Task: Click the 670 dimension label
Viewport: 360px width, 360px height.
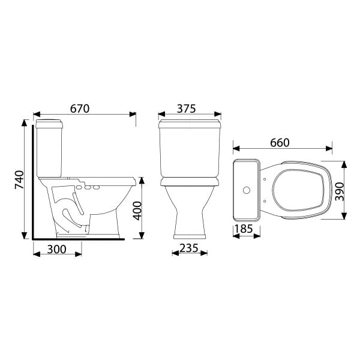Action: (80, 109)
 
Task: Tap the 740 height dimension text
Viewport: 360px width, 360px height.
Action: (19, 180)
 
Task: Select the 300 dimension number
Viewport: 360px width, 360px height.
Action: (57, 250)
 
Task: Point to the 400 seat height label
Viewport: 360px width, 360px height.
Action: (138, 211)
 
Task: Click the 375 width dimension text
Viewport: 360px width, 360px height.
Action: (186, 109)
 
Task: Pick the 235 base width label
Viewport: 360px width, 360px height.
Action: (189, 248)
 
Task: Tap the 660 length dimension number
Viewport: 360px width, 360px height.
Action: (280, 143)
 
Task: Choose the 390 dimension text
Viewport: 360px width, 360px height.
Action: (340, 192)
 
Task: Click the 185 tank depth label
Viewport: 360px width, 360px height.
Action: (244, 229)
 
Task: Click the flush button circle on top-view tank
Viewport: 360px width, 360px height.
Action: (247, 190)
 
